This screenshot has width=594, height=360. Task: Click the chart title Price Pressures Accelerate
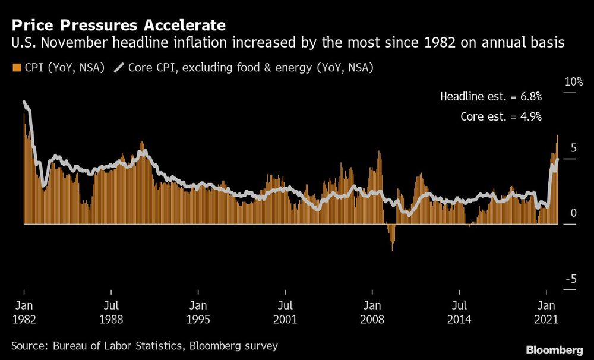tap(118, 25)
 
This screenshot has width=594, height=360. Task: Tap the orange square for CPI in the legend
tap(15, 68)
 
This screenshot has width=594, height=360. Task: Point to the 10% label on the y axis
tap(573, 81)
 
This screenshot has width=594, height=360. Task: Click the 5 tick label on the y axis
tap(573, 147)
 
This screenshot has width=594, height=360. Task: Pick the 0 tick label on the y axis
tap(574, 213)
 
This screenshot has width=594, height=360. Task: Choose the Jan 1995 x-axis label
tap(198, 312)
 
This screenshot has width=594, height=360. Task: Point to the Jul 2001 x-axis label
tap(285, 312)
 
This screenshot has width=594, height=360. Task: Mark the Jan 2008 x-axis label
tap(372, 312)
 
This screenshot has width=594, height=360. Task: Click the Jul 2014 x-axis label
tap(459, 312)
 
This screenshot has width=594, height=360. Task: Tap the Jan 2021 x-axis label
tap(546, 312)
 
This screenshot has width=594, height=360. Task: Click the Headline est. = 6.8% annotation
tap(491, 96)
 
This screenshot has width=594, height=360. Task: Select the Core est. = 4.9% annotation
tap(501, 116)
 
